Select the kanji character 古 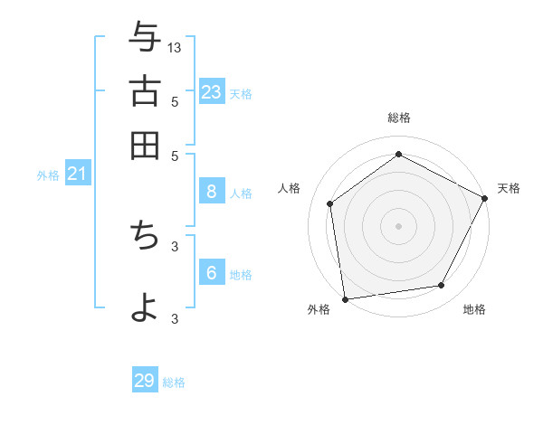[145, 91]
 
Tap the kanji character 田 [145, 146]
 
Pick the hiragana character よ [145, 305]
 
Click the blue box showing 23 [212, 91]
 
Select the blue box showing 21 [77, 174]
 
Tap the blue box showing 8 [212, 191]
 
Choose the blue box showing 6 [212, 273]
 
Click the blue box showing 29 [145, 381]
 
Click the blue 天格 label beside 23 [241, 93]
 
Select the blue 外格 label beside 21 [48, 175]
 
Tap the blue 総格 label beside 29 [174, 382]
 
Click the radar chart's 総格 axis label [398, 118]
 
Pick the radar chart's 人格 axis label [290, 187]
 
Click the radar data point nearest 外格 [345, 298]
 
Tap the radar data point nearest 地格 [442, 286]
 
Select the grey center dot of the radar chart [398, 225]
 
